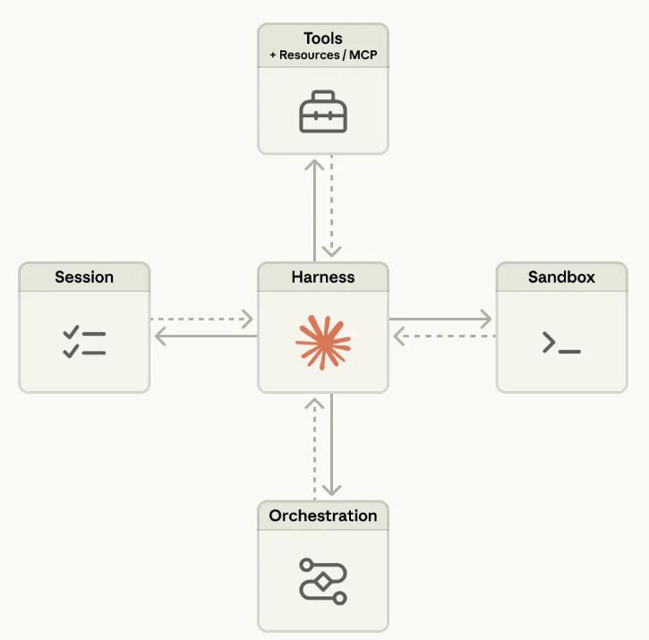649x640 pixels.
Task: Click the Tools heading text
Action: click(322, 38)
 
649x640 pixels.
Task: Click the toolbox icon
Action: click(322, 114)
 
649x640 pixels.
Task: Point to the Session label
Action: click(84, 277)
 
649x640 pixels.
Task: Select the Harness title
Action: click(322, 277)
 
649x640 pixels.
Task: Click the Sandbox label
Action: click(561, 277)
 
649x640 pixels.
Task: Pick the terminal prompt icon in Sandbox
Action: click(561, 343)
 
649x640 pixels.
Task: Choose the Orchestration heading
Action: click(323, 516)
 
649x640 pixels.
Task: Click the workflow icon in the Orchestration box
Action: click(322, 581)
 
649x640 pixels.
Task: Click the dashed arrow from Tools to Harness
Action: click(331, 207)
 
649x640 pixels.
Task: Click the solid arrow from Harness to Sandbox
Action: click(440, 319)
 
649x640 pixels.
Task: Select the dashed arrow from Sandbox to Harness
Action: click(444, 337)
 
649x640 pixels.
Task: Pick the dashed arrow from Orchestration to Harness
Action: click(314, 448)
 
